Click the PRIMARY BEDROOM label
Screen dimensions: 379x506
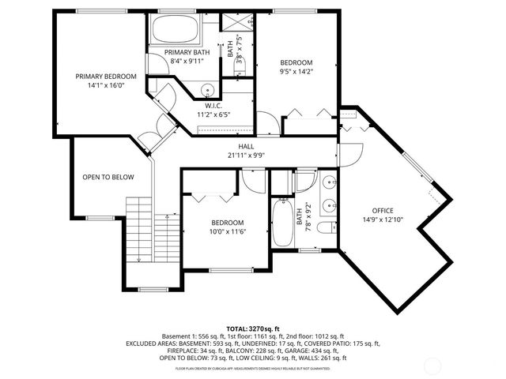106,77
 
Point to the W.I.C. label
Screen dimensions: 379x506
213,105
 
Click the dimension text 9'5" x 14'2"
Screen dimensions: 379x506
297,73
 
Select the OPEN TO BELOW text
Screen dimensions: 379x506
108,177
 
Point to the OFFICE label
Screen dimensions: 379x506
383,211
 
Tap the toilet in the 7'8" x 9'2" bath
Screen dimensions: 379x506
326,229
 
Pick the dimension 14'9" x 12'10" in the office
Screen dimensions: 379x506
383,220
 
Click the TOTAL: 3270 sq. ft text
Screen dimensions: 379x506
253,328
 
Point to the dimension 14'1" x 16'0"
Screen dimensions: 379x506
106,86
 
